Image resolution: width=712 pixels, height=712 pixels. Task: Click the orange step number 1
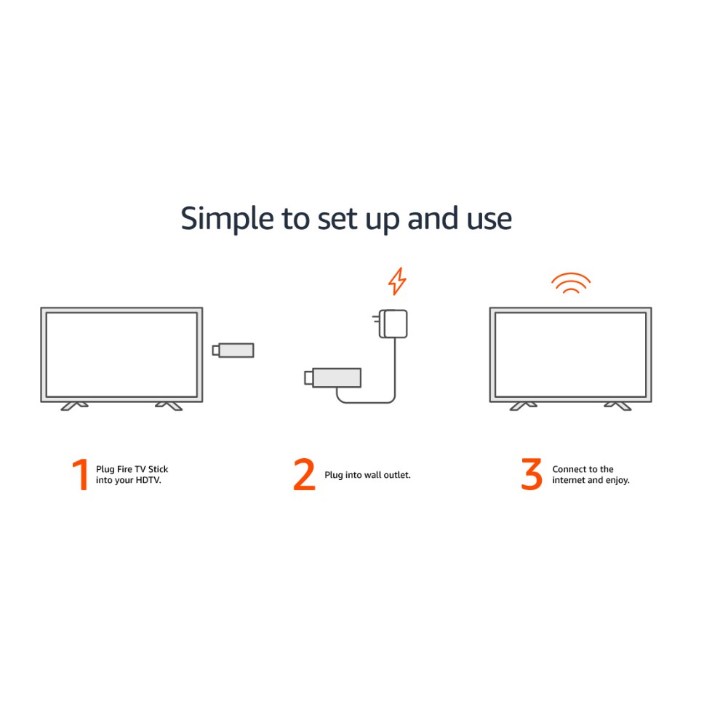coord(81,474)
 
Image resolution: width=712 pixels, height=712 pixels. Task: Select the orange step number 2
coord(304,474)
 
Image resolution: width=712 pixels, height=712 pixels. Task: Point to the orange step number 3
coord(532,474)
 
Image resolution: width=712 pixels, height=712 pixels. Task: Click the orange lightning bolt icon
coord(397,281)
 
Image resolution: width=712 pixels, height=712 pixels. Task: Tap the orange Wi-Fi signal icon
coord(571,283)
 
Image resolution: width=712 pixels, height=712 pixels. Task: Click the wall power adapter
coord(390,324)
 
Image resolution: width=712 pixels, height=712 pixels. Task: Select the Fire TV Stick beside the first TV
coord(233,350)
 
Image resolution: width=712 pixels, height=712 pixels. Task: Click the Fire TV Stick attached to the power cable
coord(333,377)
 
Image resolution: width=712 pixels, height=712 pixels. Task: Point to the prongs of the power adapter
coord(376,319)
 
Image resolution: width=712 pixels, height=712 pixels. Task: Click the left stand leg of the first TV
coord(74,406)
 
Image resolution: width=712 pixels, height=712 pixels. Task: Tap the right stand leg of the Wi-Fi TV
coord(617,406)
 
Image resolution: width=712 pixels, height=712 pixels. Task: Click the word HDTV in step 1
coord(149,480)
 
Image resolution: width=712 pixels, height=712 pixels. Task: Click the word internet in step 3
coord(569,480)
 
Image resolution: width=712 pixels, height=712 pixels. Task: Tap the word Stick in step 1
coord(158,469)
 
